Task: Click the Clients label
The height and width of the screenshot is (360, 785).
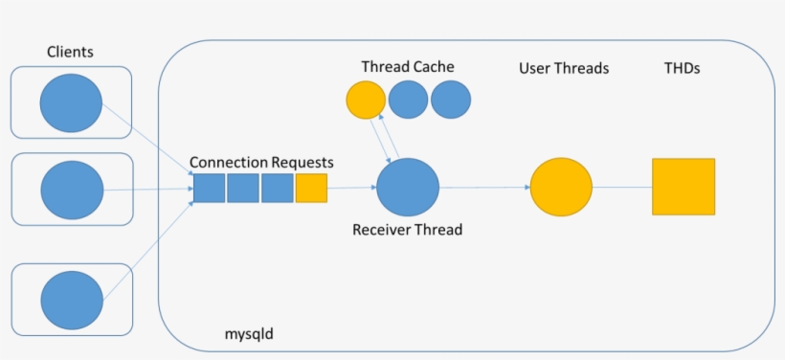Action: pyautogui.click(x=71, y=50)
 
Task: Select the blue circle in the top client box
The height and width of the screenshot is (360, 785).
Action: pyautogui.click(x=71, y=101)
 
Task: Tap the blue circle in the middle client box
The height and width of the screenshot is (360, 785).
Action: pyautogui.click(x=71, y=190)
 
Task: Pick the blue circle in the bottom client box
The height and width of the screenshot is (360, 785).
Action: pyautogui.click(x=71, y=299)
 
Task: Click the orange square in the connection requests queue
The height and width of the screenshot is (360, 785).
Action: pyautogui.click(x=311, y=189)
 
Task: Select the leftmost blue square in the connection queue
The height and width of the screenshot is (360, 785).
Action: pyautogui.click(x=210, y=189)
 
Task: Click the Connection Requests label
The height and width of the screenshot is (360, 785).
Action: pyautogui.click(x=261, y=163)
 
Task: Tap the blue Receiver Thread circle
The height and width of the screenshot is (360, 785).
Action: pyautogui.click(x=407, y=188)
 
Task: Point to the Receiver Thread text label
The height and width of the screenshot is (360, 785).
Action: pyautogui.click(x=407, y=230)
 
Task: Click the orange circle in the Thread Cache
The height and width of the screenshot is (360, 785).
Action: pyautogui.click(x=365, y=100)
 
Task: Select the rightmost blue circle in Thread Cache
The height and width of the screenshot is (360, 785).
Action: pyautogui.click(x=451, y=100)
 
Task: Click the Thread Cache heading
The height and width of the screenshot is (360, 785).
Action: pyautogui.click(x=408, y=67)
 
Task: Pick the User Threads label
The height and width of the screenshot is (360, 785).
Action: pyautogui.click(x=564, y=68)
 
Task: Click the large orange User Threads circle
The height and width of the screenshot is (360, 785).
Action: pyautogui.click(x=561, y=188)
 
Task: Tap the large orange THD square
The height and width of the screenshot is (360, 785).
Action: pyautogui.click(x=684, y=187)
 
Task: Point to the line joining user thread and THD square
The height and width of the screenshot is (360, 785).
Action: pyautogui.click(x=622, y=188)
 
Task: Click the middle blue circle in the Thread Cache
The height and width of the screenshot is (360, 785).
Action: pyautogui.click(x=408, y=100)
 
